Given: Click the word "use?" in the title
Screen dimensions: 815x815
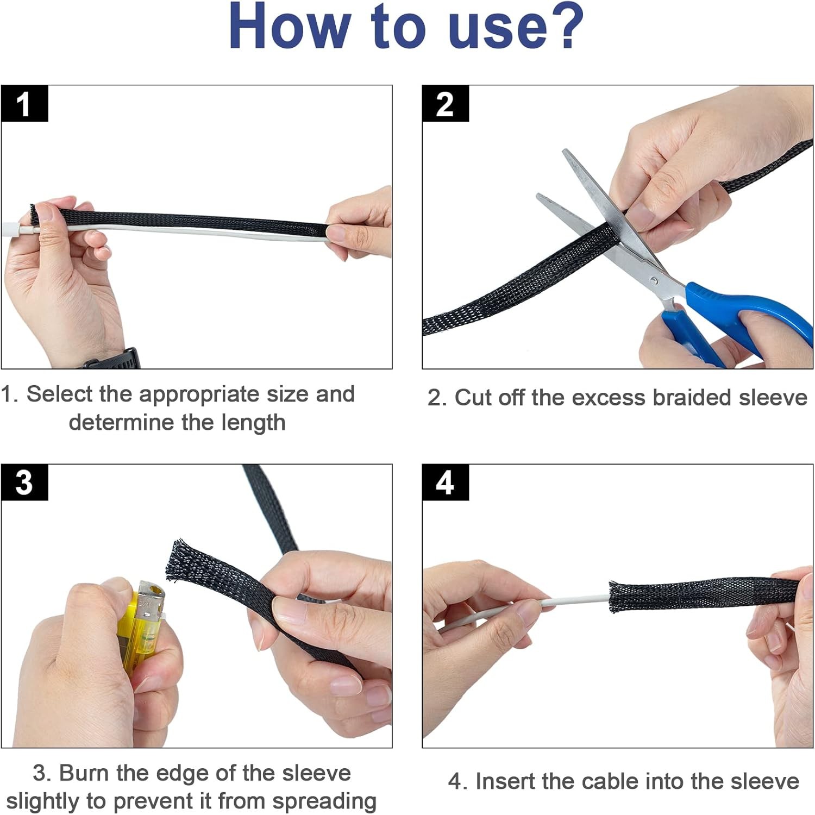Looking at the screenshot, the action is [516, 26].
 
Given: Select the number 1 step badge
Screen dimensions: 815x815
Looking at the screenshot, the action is [24, 103].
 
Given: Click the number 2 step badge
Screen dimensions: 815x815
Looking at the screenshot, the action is [445, 103].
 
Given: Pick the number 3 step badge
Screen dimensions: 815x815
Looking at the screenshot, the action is [24, 482].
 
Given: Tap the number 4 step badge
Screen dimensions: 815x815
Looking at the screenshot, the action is [445, 482].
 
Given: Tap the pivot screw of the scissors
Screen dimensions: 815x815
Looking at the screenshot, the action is [654, 280].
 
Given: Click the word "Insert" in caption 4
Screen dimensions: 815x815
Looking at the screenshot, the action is [505, 781].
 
